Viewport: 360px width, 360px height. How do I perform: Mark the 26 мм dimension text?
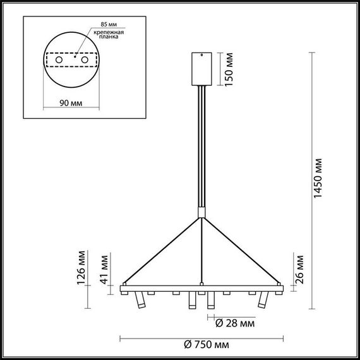coord(299,269)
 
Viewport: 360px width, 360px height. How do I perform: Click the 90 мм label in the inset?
coord(70,103)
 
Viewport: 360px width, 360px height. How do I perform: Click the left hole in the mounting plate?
coord(60,59)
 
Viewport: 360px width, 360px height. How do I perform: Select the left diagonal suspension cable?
coord(161,251)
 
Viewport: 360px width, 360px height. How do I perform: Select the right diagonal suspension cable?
coord(241,251)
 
